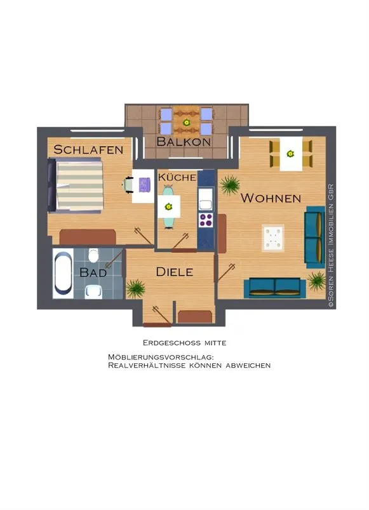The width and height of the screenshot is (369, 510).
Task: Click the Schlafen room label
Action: (88, 150)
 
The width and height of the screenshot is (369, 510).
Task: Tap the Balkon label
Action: (184, 142)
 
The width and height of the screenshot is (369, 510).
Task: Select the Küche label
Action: (177, 177)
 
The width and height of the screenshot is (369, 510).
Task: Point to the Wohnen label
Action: (271, 198)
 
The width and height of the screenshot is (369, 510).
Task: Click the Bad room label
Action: (93, 272)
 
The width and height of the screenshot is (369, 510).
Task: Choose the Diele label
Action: (175, 272)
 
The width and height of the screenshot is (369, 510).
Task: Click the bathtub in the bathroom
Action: (63, 273)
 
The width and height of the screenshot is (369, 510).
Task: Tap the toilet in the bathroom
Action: (93, 255)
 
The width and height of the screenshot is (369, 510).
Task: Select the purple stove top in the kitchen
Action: (206, 220)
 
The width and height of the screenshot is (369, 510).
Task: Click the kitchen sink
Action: (206, 204)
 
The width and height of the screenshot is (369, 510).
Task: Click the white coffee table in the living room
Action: (272, 238)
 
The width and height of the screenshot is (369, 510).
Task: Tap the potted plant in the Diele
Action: (135, 288)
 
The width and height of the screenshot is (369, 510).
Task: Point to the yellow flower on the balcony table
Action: (186, 123)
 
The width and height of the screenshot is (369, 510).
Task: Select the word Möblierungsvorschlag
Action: (161, 357)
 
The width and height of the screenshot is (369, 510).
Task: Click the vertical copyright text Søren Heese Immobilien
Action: (331, 246)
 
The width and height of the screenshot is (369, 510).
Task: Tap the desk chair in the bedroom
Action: (128, 185)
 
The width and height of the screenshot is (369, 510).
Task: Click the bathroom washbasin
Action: (93, 291)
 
